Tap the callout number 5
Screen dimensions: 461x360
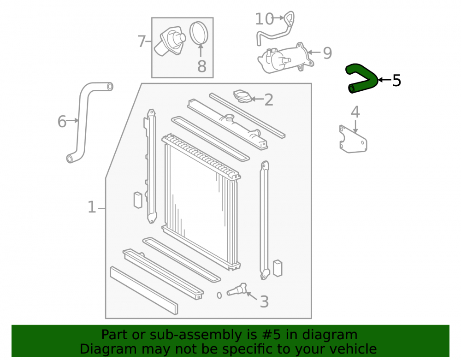(x=396, y=80)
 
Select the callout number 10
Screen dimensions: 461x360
(x=264, y=19)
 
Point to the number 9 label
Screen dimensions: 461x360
(x=327, y=53)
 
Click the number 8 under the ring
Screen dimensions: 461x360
(x=202, y=66)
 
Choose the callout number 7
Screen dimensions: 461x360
(x=142, y=41)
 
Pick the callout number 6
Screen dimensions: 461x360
(x=62, y=121)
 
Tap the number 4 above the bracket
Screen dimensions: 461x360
(x=355, y=112)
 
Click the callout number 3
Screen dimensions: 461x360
(x=264, y=302)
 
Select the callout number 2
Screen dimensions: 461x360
(x=269, y=100)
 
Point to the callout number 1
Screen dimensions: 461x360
(x=92, y=207)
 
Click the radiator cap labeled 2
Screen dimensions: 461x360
(x=242, y=96)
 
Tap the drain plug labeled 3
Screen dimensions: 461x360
(x=236, y=289)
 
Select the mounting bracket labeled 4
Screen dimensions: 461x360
(x=353, y=140)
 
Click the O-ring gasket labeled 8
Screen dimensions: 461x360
(x=199, y=33)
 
